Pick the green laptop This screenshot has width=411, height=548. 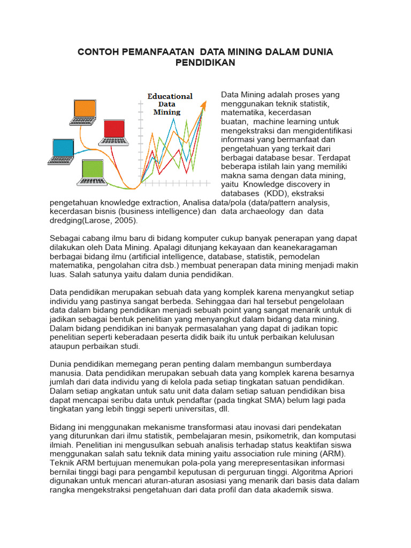pyautogui.click(x=94, y=172)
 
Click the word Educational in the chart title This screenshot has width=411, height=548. pyautogui.click(x=170, y=96)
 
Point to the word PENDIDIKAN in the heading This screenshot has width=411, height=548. pyautogui.click(x=205, y=63)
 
